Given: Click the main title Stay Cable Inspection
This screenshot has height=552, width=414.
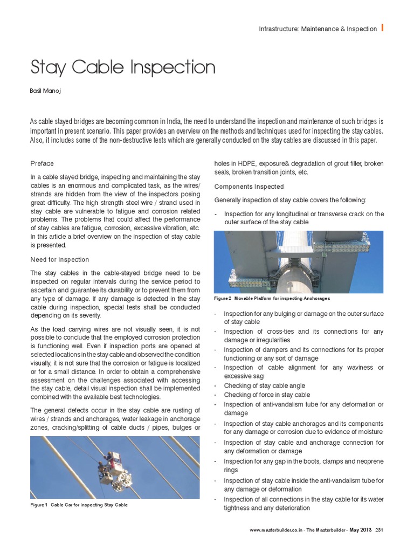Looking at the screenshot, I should tap(123, 68).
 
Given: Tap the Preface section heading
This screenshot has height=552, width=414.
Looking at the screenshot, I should tap(42, 163).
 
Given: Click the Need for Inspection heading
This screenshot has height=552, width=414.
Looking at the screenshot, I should tap(60, 259).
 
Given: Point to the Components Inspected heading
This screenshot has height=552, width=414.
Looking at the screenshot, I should tap(249, 187).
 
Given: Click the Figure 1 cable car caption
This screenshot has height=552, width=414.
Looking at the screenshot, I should tap(79, 505).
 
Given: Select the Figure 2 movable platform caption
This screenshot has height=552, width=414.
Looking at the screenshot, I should tap(272, 298).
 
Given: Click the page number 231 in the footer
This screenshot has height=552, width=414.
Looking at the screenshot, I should tap(379, 531).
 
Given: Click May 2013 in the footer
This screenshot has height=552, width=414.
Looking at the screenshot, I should tap(360, 531).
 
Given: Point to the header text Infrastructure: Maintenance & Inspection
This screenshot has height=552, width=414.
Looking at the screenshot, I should tap(318, 29).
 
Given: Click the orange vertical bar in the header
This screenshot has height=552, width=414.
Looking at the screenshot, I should tap(382, 28).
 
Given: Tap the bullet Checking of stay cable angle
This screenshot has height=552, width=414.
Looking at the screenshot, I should tap(264, 385).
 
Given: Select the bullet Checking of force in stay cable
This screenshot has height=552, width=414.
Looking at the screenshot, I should tap(266, 395).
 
